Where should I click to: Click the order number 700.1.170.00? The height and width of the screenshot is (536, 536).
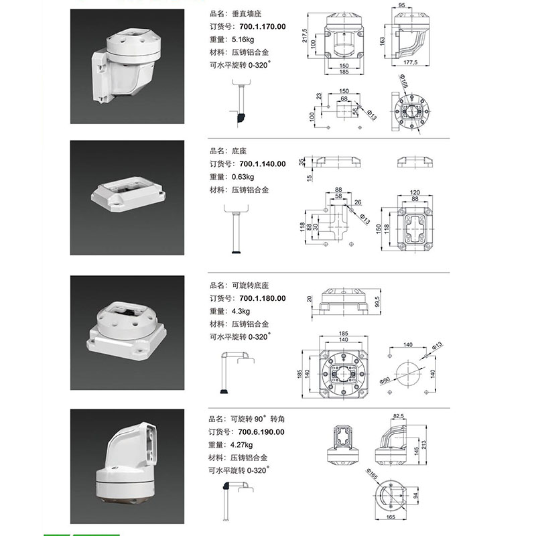(262, 27)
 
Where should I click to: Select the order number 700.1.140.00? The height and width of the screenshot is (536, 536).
(262, 164)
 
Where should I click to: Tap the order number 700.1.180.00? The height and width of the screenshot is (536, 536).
(262, 298)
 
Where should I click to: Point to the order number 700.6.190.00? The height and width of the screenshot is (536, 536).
(261, 432)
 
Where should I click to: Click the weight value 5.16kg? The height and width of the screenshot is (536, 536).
(243, 40)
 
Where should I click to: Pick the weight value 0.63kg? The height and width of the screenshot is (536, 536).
(243, 177)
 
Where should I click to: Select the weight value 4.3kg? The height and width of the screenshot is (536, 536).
(241, 312)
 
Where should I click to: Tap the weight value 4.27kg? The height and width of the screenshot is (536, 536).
(241, 445)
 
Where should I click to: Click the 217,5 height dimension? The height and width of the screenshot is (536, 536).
(305, 36)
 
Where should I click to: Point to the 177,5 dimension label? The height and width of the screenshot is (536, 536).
(410, 62)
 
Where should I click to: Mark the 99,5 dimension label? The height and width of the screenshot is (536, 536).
(377, 301)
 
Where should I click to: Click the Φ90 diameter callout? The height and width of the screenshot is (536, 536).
(385, 381)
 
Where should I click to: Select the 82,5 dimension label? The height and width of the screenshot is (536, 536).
(399, 416)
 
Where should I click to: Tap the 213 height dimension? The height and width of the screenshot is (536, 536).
(424, 445)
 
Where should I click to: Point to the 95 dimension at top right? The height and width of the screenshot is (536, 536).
(401, 5)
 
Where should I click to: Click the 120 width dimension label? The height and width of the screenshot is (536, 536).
(415, 192)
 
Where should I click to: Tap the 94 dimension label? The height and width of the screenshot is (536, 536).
(415, 495)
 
